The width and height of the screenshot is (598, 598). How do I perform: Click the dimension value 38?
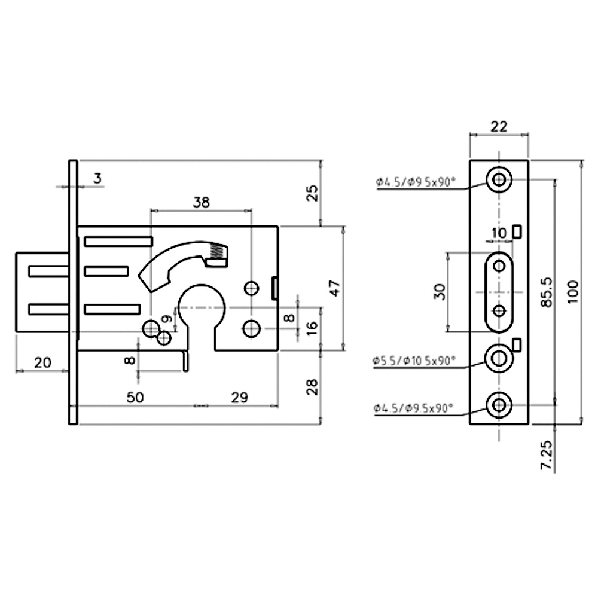click(202, 202)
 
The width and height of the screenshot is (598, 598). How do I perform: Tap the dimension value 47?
click(335, 288)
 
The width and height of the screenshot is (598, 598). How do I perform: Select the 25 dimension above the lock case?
click(312, 193)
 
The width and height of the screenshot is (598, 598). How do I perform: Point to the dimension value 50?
click(135, 398)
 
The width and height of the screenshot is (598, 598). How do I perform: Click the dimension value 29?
click(240, 398)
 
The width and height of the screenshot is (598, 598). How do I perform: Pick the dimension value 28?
click(312, 387)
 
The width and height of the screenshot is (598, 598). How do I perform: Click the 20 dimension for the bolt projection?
click(42, 362)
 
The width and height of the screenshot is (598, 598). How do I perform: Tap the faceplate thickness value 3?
click(98, 178)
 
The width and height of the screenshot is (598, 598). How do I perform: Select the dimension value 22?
click(499, 126)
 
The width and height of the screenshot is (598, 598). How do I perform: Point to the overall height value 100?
click(573, 292)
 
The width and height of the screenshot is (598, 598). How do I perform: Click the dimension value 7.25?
click(547, 454)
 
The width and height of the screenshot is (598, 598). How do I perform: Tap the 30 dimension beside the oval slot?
click(440, 292)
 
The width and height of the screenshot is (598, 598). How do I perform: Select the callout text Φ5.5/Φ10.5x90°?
click(414, 361)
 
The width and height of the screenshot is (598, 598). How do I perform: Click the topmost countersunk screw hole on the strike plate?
click(499, 179)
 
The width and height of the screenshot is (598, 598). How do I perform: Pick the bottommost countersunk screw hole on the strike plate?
click(499, 405)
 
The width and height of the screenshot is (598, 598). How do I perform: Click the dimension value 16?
click(312, 328)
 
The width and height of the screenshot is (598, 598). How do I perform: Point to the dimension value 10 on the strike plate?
click(499, 233)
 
